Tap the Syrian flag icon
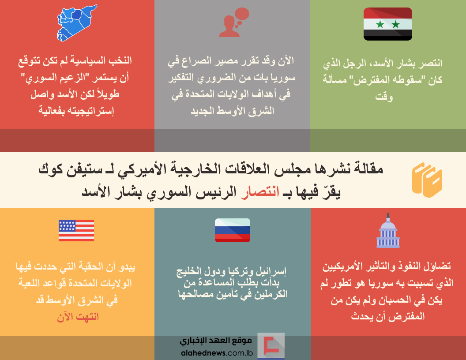click(x=388, y=24)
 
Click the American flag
click(x=76, y=230)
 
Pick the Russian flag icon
click(x=233, y=230)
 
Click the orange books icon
click(x=427, y=180)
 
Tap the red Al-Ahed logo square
click(x=271, y=345)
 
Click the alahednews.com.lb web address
click(x=217, y=353)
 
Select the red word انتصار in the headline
click(x=260, y=192)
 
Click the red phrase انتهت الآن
click(x=78, y=317)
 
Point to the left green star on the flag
click(x=380, y=24)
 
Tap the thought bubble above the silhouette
click(x=241, y=15)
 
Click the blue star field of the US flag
click(x=67, y=226)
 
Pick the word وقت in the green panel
click(x=384, y=97)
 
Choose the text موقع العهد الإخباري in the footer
click(x=216, y=341)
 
